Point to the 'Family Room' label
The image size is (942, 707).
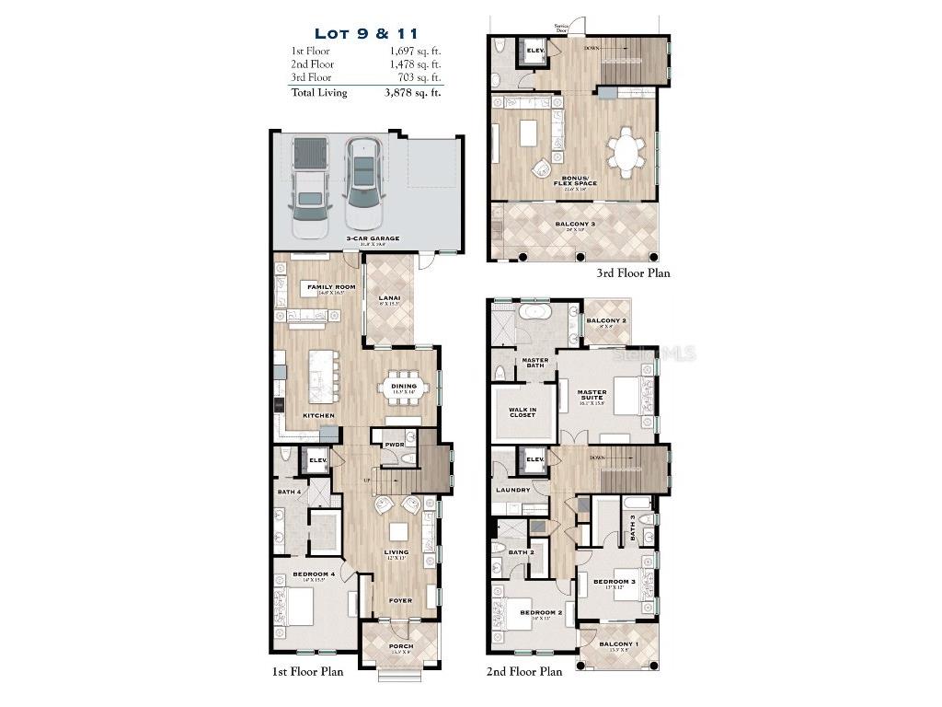pyautogui.click(x=331, y=287)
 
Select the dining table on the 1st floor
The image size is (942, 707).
pyautogui.click(x=404, y=387)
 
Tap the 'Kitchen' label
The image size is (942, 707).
pyautogui.click(x=319, y=416)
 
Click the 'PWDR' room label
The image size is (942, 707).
pyautogui.click(x=395, y=445)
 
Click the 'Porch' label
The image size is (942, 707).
pyautogui.click(x=400, y=646)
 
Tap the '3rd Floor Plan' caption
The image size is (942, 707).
pyautogui.click(x=633, y=272)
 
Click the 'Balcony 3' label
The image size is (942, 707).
pyautogui.click(x=575, y=224)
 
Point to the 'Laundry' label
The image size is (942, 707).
pyautogui.click(x=512, y=490)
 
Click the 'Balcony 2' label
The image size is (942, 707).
pyautogui.click(x=606, y=320)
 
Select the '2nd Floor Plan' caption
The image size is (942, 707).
pyautogui.click(x=523, y=671)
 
